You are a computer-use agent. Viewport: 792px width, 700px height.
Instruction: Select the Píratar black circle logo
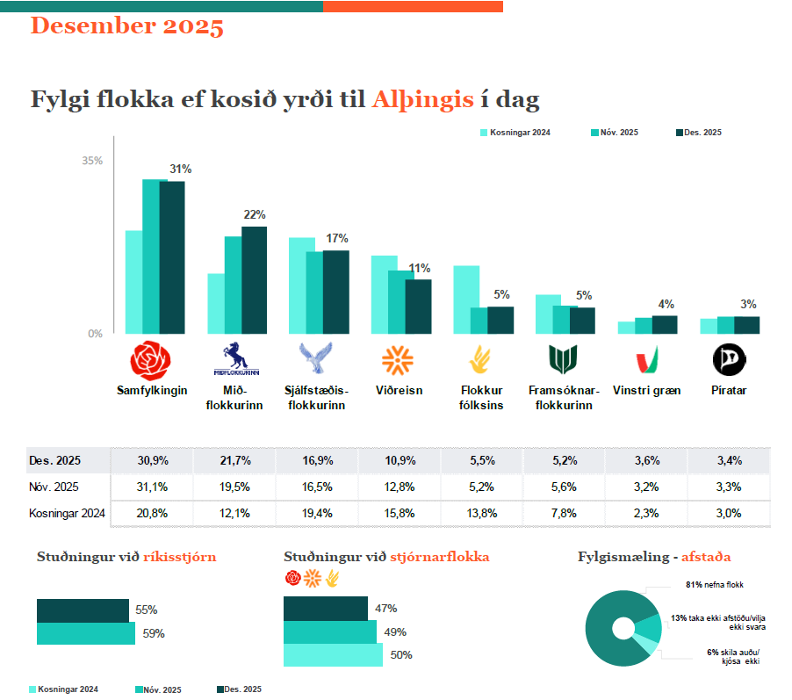729,359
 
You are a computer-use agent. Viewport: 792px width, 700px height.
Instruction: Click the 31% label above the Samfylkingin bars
181,169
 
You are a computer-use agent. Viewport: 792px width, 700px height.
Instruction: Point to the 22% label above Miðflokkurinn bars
255,214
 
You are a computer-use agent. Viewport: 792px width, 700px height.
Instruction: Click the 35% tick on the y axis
92,161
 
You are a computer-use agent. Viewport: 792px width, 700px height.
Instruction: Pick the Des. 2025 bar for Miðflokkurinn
254,280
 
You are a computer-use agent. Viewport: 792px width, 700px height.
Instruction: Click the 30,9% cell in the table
153,460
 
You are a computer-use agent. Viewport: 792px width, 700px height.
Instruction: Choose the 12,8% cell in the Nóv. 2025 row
400,487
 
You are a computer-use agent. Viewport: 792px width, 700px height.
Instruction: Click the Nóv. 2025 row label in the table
54,487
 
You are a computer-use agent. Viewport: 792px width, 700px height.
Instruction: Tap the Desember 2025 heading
127,25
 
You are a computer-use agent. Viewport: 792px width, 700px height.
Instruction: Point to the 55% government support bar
83,610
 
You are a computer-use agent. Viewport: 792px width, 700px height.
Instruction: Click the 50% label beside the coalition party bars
401,655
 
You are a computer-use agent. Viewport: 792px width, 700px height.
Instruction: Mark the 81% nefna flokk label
714,583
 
